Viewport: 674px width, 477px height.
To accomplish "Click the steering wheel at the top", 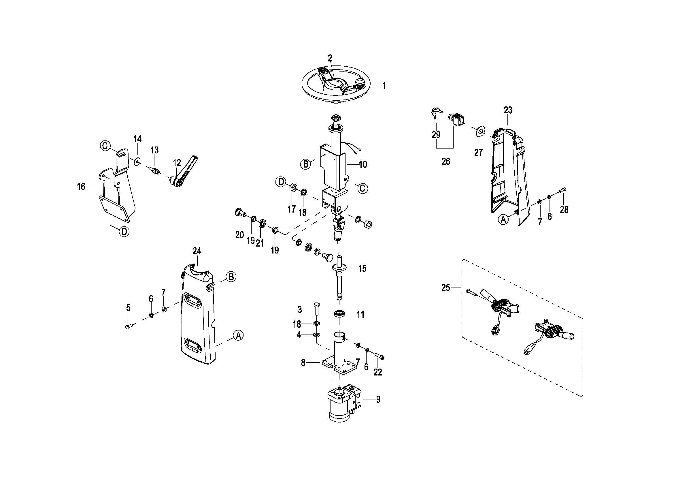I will point(336,85).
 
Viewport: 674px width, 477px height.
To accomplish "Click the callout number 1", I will point(384,86).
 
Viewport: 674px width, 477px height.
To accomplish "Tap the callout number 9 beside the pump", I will point(378,399).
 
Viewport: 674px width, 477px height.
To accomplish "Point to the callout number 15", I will point(362,268).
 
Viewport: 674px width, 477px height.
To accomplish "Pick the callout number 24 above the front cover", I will point(197,251).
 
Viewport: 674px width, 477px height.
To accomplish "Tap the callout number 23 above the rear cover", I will point(508,110).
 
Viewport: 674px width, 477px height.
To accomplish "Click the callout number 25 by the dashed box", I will point(445,288).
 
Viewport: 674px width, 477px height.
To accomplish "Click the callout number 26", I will point(445,161).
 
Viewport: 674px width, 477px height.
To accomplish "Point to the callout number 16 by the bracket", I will point(81,187).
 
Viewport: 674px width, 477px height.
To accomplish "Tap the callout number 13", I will point(154,150).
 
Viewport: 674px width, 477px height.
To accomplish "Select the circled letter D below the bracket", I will point(124,232).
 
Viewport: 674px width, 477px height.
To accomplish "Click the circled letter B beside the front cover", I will point(231,277).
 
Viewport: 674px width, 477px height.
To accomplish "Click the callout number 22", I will point(377,372).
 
